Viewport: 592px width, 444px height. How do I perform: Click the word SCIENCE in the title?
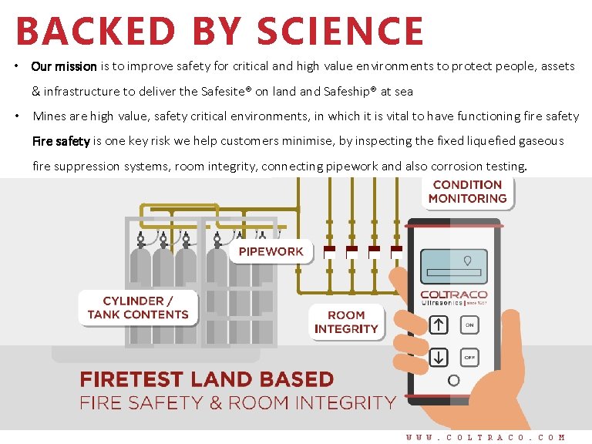coord(340,32)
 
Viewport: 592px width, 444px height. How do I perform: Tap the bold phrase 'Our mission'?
coord(64,66)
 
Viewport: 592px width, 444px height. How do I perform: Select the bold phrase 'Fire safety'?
coord(61,141)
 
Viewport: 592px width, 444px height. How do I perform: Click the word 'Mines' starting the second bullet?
coord(49,116)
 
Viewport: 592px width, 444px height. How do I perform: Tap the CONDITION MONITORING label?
coord(467,192)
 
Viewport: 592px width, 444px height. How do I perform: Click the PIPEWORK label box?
coord(271,251)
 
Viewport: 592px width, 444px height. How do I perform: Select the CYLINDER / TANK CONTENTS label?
coord(138,308)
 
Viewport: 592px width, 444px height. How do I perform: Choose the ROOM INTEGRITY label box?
coord(346,322)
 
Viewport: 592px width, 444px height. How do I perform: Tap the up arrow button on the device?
coord(438,325)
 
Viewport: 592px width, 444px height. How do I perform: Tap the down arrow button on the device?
coord(438,357)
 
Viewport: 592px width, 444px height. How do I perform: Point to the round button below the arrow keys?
coord(453,380)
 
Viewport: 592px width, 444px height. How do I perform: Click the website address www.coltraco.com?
coord(486,436)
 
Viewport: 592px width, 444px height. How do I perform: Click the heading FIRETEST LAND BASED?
coord(207,380)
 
